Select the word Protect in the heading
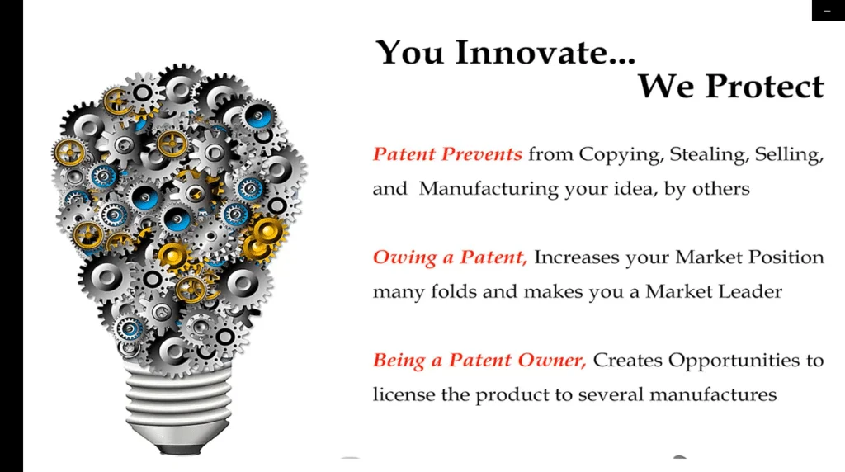click(765, 86)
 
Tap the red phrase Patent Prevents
click(447, 154)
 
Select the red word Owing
click(404, 257)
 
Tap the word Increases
click(577, 257)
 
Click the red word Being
click(399, 361)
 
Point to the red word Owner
click(552, 360)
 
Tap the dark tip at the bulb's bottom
click(179, 448)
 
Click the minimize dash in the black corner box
click(827, 11)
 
